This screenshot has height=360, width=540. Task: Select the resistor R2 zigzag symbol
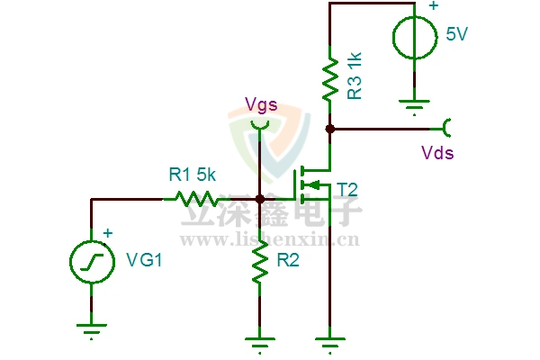[x=259, y=261]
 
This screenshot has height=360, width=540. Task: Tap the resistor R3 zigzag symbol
[x=330, y=78]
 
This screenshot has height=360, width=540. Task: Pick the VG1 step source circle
[x=91, y=262]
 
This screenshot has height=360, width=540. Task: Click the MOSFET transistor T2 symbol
[x=310, y=186]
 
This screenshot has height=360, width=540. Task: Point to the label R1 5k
[x=193, y=174]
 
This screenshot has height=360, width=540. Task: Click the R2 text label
[x=289, y=261]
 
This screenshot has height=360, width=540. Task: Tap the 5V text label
[x=458, y=35]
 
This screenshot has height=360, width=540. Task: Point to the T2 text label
[x=347, y=189]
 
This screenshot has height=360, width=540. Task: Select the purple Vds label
[x=437, y=153]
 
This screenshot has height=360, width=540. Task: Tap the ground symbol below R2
[x=259, y=339]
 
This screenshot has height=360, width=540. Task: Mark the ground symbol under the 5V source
[x=415, y=107]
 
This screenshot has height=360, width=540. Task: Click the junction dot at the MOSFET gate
[x=259, y=199]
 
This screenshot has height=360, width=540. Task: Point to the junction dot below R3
[x=330, y=129]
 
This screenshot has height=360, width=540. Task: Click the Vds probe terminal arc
[x=446, y=129]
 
